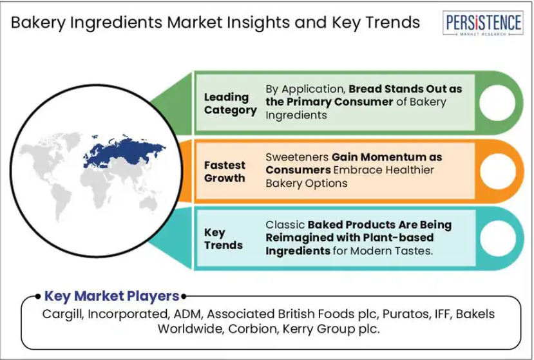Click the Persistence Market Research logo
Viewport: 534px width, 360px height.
click(x=483, y=23)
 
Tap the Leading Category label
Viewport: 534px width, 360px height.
click(x=230, y=104)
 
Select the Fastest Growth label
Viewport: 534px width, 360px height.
click(x=224, y=172)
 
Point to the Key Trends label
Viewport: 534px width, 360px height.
click(x=224, y=239)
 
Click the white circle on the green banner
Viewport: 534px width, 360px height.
click(x=497, y=103)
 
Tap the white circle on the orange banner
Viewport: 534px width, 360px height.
click(x=498, y=171)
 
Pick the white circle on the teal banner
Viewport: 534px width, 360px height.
click(x=498, y=238)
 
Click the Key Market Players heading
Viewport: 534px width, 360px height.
click(x=111, y=296)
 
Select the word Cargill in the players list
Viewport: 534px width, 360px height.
click(x=63, y=314)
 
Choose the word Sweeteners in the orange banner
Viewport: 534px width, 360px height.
click(x=297, y=157)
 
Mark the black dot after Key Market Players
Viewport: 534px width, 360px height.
click(x=184, y=296)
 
